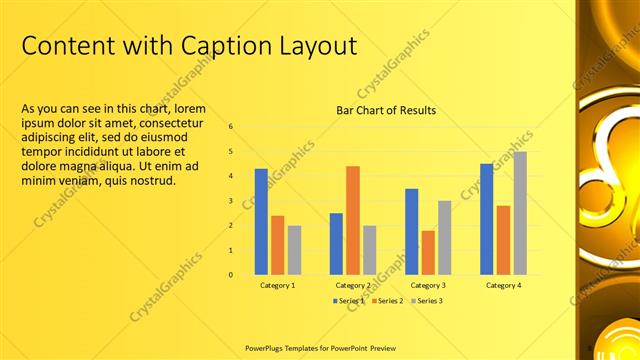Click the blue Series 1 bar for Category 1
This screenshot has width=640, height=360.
click(261, 221)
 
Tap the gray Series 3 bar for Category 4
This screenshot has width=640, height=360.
click(520, 213)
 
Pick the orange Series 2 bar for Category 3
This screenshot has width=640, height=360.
click(428, 252)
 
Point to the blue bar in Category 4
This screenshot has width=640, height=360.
click(486, 219)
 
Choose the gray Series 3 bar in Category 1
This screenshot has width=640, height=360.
click(294, 249)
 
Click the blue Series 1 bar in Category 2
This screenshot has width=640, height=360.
click(336, 243)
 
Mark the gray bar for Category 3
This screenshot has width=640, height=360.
click(444, 237)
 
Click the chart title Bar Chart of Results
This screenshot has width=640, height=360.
click(386, 110)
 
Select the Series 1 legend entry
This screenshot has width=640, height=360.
click(349, 300)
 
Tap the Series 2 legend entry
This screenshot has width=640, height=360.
click(387, 300)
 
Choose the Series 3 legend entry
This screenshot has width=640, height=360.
click(426, 300)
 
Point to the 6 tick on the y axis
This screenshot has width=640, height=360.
click(230, 127)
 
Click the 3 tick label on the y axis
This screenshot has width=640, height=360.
click(230, 201)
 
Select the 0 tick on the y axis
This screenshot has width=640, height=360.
click(230, 275)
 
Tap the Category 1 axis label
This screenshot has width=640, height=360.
click(277, 285)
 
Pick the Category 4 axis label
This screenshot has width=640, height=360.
click(503, 285)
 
